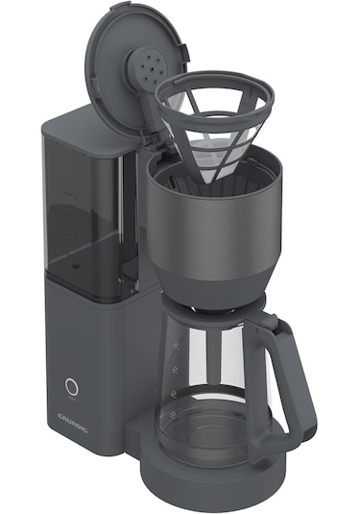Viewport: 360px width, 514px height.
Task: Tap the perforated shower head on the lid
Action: (151, 67)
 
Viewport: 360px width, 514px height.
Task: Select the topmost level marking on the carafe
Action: (178, 347)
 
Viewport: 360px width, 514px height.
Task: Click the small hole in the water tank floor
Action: (75, 266)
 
